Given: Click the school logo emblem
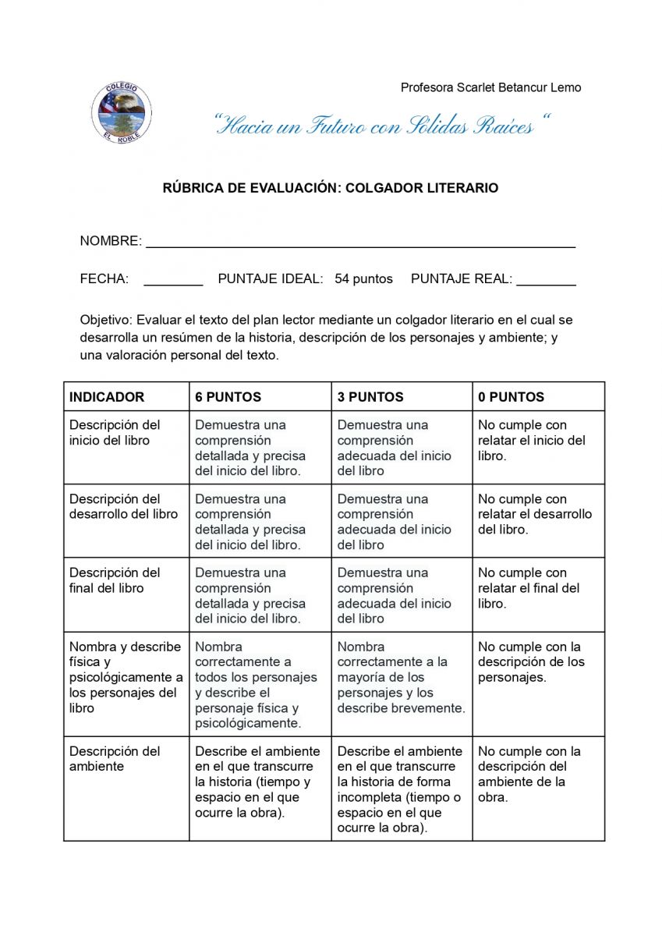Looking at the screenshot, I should pos(121,112).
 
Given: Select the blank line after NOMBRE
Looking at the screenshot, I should pos(360,242).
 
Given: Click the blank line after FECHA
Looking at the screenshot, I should pos(173,280).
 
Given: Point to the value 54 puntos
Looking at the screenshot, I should pos(363,279).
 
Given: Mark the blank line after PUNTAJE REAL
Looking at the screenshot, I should pos(546,280).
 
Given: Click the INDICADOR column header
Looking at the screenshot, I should pos(107,397).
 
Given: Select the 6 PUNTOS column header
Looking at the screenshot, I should pos(228,397).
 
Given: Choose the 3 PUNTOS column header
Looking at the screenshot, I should pos(370,397).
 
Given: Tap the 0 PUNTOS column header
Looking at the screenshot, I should pos(511,397).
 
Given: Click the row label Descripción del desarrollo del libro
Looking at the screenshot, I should pos(123,507).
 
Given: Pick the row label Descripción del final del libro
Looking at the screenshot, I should pos(115,580).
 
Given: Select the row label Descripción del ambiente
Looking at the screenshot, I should pos(115,759).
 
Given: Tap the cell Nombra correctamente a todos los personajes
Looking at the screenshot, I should pos(256,685).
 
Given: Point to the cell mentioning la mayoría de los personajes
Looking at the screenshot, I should pos(400,678).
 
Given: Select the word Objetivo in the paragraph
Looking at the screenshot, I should pos(105,320).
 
